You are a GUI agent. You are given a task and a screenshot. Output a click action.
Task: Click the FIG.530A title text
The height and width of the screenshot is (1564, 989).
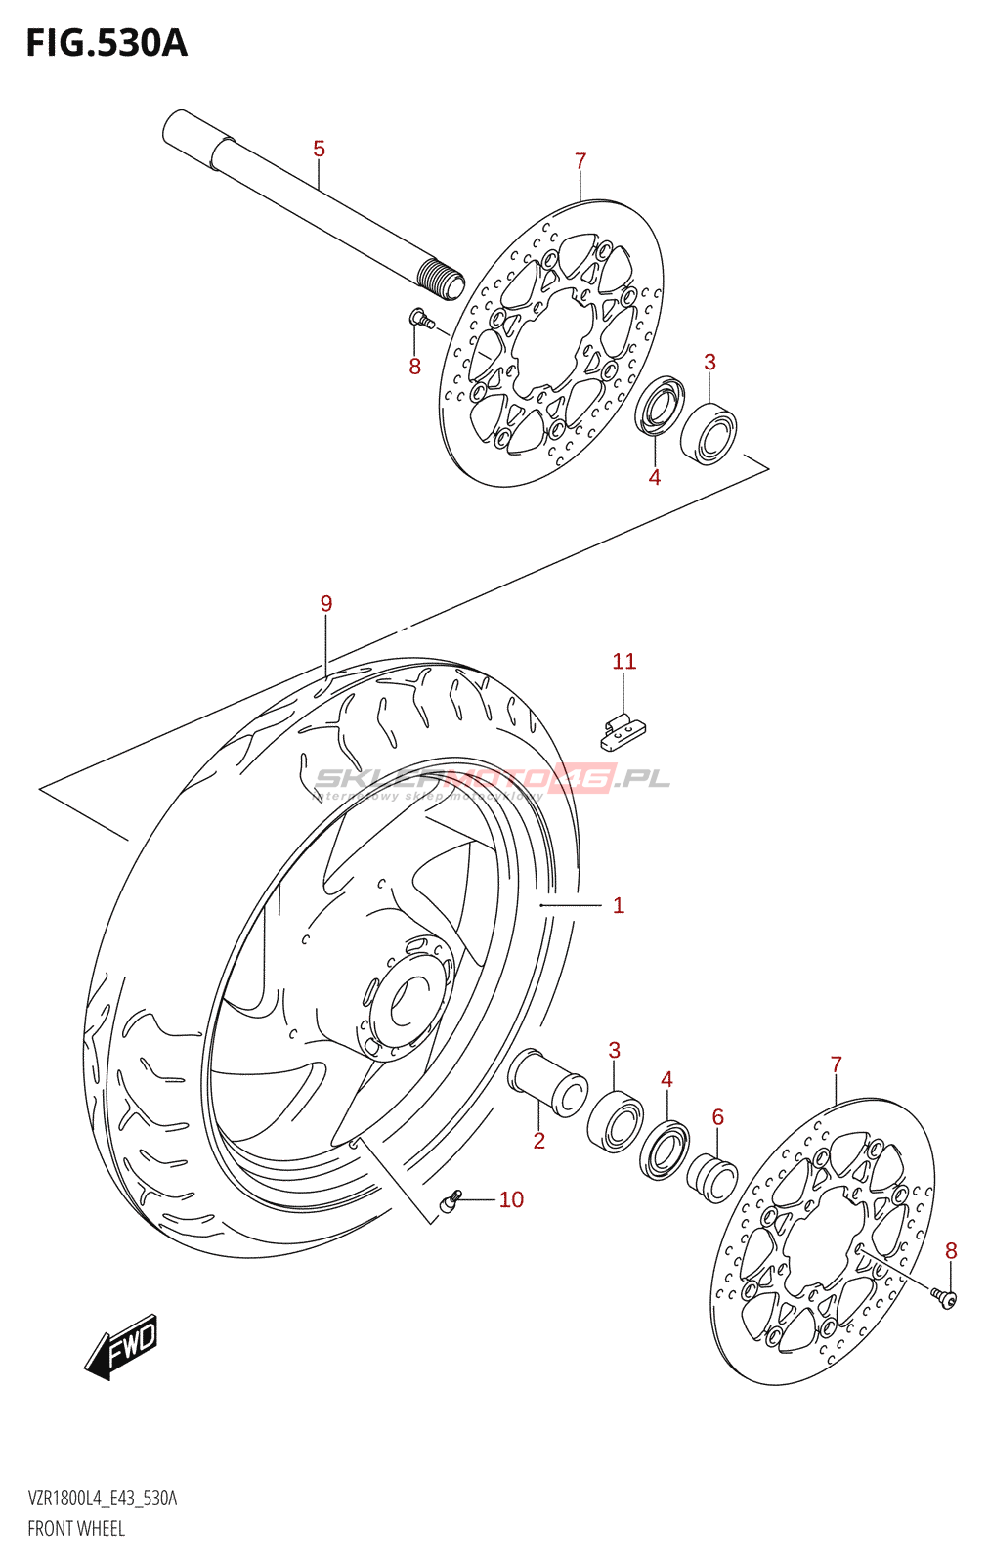click(107, 43)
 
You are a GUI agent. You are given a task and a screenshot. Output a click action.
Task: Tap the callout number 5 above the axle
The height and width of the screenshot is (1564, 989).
click(319, 149)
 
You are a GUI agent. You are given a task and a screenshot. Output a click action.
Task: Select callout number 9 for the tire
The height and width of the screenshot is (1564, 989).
click(326, 604)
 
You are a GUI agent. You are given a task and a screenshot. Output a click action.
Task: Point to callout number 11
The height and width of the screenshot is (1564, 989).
click(623, 662)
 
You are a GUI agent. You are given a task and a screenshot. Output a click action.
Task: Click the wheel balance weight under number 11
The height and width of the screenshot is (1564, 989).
click(623, 730)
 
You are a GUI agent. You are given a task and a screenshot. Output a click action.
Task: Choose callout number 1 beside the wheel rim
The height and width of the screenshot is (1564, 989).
click(618, 905)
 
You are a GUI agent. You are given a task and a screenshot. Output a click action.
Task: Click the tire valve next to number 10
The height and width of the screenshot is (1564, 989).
click(451, 1201)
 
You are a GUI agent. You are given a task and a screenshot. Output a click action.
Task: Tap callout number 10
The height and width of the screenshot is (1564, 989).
click(511, 1199)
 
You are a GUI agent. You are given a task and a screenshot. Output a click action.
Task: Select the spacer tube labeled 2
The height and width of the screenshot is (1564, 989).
click(547, 1081)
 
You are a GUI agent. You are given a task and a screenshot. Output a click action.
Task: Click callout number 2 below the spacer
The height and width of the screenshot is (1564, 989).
click(538, 1140)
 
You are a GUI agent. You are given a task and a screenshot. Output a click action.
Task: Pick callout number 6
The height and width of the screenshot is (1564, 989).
click(717, 1116)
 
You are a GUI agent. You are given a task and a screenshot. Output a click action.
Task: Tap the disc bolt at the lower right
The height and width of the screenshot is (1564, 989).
click(944, 1297)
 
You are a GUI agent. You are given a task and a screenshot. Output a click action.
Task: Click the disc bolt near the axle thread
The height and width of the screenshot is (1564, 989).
click(420, 318)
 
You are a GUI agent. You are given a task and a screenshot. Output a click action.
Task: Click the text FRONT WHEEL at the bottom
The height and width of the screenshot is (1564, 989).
click(76, 1529)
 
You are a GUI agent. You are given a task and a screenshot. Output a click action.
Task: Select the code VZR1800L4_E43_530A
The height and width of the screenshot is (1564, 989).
click(103, 1499)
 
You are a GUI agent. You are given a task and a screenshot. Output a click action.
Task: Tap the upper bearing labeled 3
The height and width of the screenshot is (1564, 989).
click(709, 432)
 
